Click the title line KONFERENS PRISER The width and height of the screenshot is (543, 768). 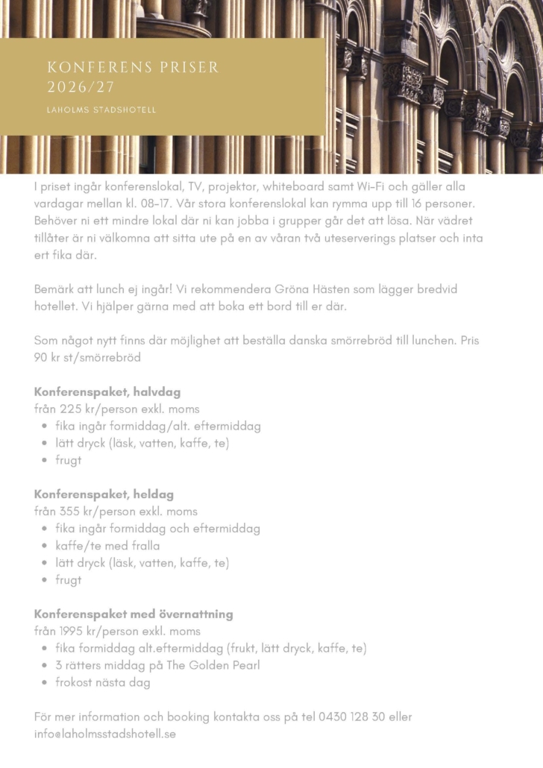133,68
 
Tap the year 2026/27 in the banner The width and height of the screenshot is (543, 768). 81,87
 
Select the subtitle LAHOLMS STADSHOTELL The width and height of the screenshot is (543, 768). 101,110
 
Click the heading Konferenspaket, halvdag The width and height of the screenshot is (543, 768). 107,391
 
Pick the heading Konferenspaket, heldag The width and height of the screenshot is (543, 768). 104,494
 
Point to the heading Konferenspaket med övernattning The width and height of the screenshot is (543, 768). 134,614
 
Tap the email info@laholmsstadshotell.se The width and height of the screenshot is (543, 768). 105,734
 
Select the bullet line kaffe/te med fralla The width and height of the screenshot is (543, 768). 107,546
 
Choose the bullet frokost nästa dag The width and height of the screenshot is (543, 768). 103,682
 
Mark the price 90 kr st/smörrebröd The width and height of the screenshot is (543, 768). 87,357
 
